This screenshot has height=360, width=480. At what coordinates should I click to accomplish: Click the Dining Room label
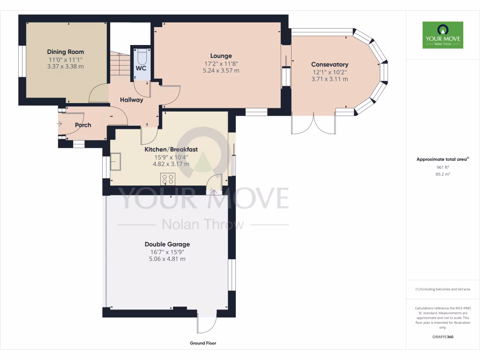tap(65, 52)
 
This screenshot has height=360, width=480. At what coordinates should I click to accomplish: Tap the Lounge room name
tap(221, 56)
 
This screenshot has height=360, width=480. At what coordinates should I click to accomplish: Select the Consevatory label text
tap(330, 64)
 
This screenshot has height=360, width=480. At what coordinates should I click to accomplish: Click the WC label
tap(141, 68)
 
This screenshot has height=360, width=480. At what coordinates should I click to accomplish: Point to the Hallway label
tap(131, 100)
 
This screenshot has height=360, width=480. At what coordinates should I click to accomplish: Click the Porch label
tap(83, 125)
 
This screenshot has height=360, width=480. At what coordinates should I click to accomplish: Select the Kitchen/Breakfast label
tap(171, 150)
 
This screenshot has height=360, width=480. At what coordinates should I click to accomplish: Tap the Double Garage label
tap(167, 244)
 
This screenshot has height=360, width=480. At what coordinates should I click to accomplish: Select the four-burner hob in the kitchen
tap(168, 179)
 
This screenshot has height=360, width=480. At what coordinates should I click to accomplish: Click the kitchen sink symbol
tap(115, 162)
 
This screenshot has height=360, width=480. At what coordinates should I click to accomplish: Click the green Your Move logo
tap(442, 35)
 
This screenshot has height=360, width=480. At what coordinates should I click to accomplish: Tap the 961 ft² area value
tap(442, 167)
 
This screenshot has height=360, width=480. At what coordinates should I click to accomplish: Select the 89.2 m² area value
tap(442, 174)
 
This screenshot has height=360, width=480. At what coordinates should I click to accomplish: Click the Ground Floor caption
tap(203, 343)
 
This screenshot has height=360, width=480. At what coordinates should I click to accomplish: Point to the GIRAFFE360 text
tap(442, 337)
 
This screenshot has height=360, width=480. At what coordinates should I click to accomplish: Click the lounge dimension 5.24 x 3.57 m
tap(221, 71)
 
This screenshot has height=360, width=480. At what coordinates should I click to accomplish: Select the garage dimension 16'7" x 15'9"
tap(167, 252)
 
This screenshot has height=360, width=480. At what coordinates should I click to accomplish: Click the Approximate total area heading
tap(442, 159)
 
